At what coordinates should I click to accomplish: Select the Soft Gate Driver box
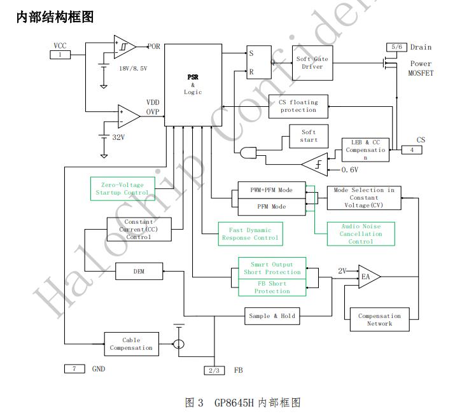point(312,63)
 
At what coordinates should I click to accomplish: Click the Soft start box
point(309,136)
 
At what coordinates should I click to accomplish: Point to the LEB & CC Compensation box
point(365,149)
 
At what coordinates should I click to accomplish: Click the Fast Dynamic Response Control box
point(250,234)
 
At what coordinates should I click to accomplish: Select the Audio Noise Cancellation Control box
point(361,233)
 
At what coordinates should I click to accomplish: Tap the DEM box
point(139,271)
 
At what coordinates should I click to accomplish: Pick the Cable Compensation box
point(131,344)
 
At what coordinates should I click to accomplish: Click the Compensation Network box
point(379,319)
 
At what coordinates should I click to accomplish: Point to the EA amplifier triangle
point(367,277)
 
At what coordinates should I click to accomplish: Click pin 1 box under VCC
point(60,55)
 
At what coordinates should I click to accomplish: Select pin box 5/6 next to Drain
point(396,47)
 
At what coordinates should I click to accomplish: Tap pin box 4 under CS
point(412,149)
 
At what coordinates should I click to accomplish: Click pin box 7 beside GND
point(74,368)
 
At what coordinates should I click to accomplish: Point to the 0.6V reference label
point(351,170)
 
